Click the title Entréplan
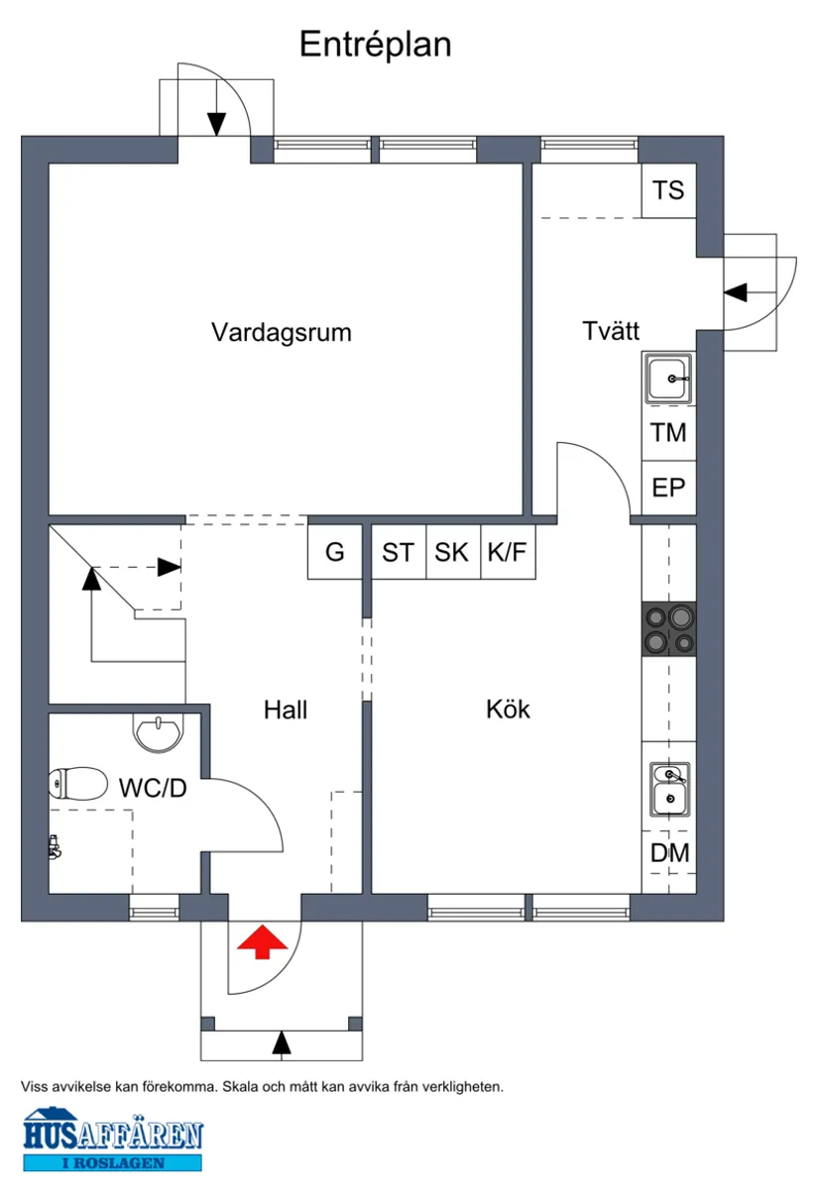coord(375,45)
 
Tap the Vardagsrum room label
coord(282,332)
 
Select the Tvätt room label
coord(610,332)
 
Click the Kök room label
coord(508,710)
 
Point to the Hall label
coord(286,710)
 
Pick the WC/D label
coord(153,789)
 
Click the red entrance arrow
coord(260,942)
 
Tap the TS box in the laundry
coord(668,190)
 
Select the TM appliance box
coord(668,433)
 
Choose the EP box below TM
coord(668,489)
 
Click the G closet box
coord(335,552)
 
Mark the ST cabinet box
coord(398,552)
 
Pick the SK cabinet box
coord(452,552)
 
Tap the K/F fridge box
coord(508,552)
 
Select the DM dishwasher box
coord(669,852)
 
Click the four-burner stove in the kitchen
coord(669,629)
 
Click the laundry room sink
coord(670,379)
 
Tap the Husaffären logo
coord(112,1140)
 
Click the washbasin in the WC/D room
coord(158,733)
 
